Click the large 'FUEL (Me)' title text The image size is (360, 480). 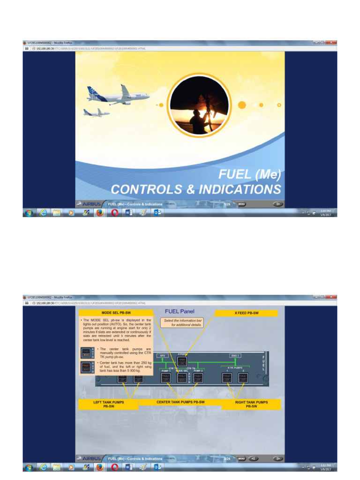pyautogui.click(x=250, y=175)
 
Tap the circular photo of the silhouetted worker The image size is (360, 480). pyautogui.click(x=199, y=104)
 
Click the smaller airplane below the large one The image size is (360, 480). pyautogui.click(x=96, y=112)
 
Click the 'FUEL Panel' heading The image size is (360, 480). pyautogui.click(x=180, y=311)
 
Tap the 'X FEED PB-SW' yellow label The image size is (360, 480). pyautogui.click(x=246, y=313)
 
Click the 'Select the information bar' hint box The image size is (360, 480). pyautogui.click(x=182, y=322)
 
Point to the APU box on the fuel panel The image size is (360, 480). pyautogui.click(x=162, y=356)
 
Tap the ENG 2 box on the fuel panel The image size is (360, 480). pyautogui.click(x=235, y=356)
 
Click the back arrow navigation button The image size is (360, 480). pyautogui.click(x=253, y=458)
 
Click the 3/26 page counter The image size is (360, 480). pyautogui.click(x=227, y=458)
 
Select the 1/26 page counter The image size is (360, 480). pyautogui.click(x=227, y=204)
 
